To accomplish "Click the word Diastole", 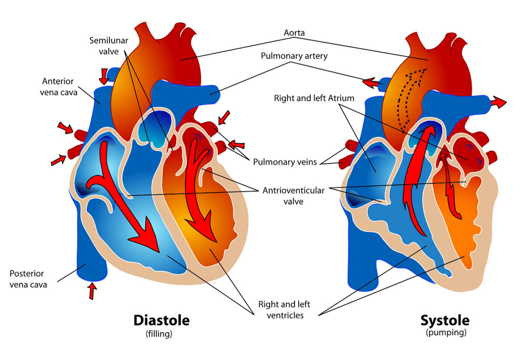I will [161, 320].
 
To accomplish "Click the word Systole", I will [444, 320].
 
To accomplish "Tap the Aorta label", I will [294, 33].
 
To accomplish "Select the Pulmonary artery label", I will [294, 56].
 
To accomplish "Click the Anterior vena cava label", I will [58, 87].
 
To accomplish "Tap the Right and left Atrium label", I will [314, 98].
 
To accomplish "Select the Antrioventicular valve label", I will [294, 196].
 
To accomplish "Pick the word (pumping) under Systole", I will [445, 333].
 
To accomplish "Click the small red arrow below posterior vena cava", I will [92, 291].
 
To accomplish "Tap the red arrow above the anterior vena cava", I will [104, 76].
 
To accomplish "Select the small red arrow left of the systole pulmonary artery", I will [370, 82].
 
